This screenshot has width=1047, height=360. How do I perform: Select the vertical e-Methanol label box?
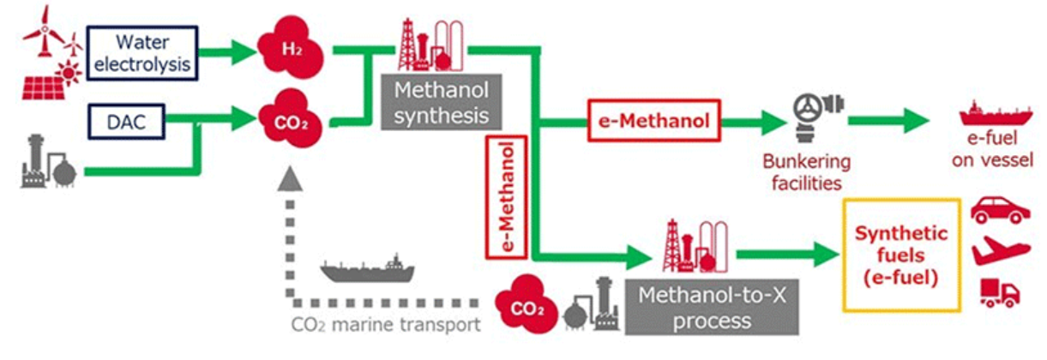[x=505, y=196]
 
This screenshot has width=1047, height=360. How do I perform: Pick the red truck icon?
[x=998, y=291]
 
